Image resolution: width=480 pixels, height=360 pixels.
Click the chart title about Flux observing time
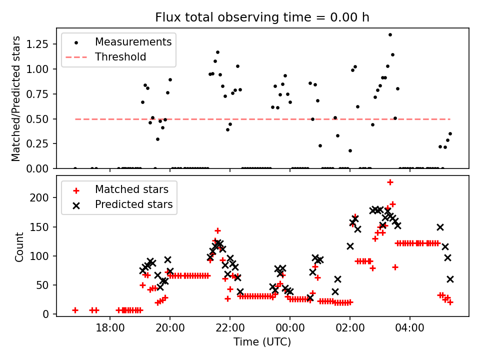[x=262, y=17]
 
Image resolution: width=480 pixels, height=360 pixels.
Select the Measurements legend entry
[x=133, y=42]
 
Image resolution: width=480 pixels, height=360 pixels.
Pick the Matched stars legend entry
[x=131, y=190]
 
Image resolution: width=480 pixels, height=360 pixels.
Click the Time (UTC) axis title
[x=262, y=342]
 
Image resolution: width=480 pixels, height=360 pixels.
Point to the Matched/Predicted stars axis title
[x=16, y=98]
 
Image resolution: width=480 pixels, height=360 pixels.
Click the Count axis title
[x=19, y=247]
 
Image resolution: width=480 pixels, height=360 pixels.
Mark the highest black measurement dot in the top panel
[x=390, y=34]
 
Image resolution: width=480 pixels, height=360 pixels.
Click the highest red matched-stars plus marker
[x=390, y=182]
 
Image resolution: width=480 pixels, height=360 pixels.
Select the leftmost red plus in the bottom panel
[x=75, y=310]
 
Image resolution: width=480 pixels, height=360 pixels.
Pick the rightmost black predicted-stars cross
[x=450, y=279]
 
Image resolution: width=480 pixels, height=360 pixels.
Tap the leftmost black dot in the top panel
[x=75, y=168]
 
